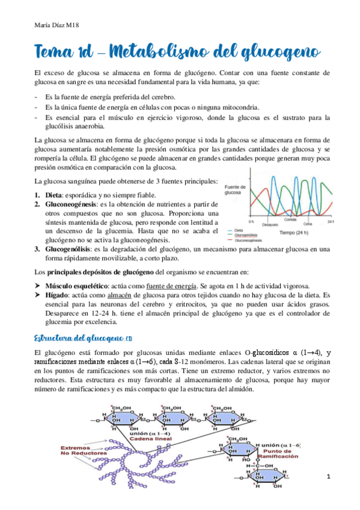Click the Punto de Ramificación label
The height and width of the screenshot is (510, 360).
pyautogui.click(x=278, y=453)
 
